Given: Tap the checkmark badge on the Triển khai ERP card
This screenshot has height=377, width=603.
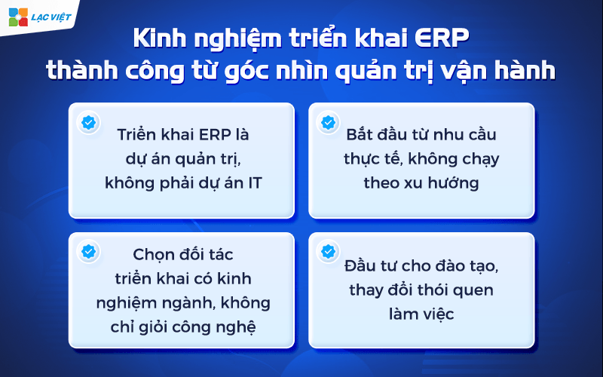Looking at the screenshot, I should pyautogui.click(x=88, y=122).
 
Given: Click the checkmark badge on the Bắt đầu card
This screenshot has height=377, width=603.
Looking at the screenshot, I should pyautogui.click(x=328, y=122).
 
